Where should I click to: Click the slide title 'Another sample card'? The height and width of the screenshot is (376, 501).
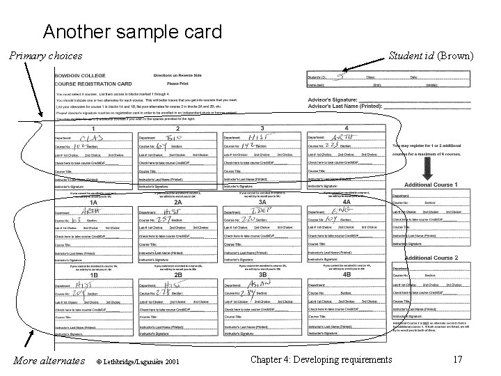pos(132,31)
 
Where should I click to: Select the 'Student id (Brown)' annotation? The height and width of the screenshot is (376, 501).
pos(431,56)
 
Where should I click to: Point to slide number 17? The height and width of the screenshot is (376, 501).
pos(457,359)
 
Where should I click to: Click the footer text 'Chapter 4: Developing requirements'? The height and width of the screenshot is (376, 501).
pos(322,359)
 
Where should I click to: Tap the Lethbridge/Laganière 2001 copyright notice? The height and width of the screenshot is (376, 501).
pos(137,361)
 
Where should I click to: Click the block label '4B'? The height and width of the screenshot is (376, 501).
pos(347,274)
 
